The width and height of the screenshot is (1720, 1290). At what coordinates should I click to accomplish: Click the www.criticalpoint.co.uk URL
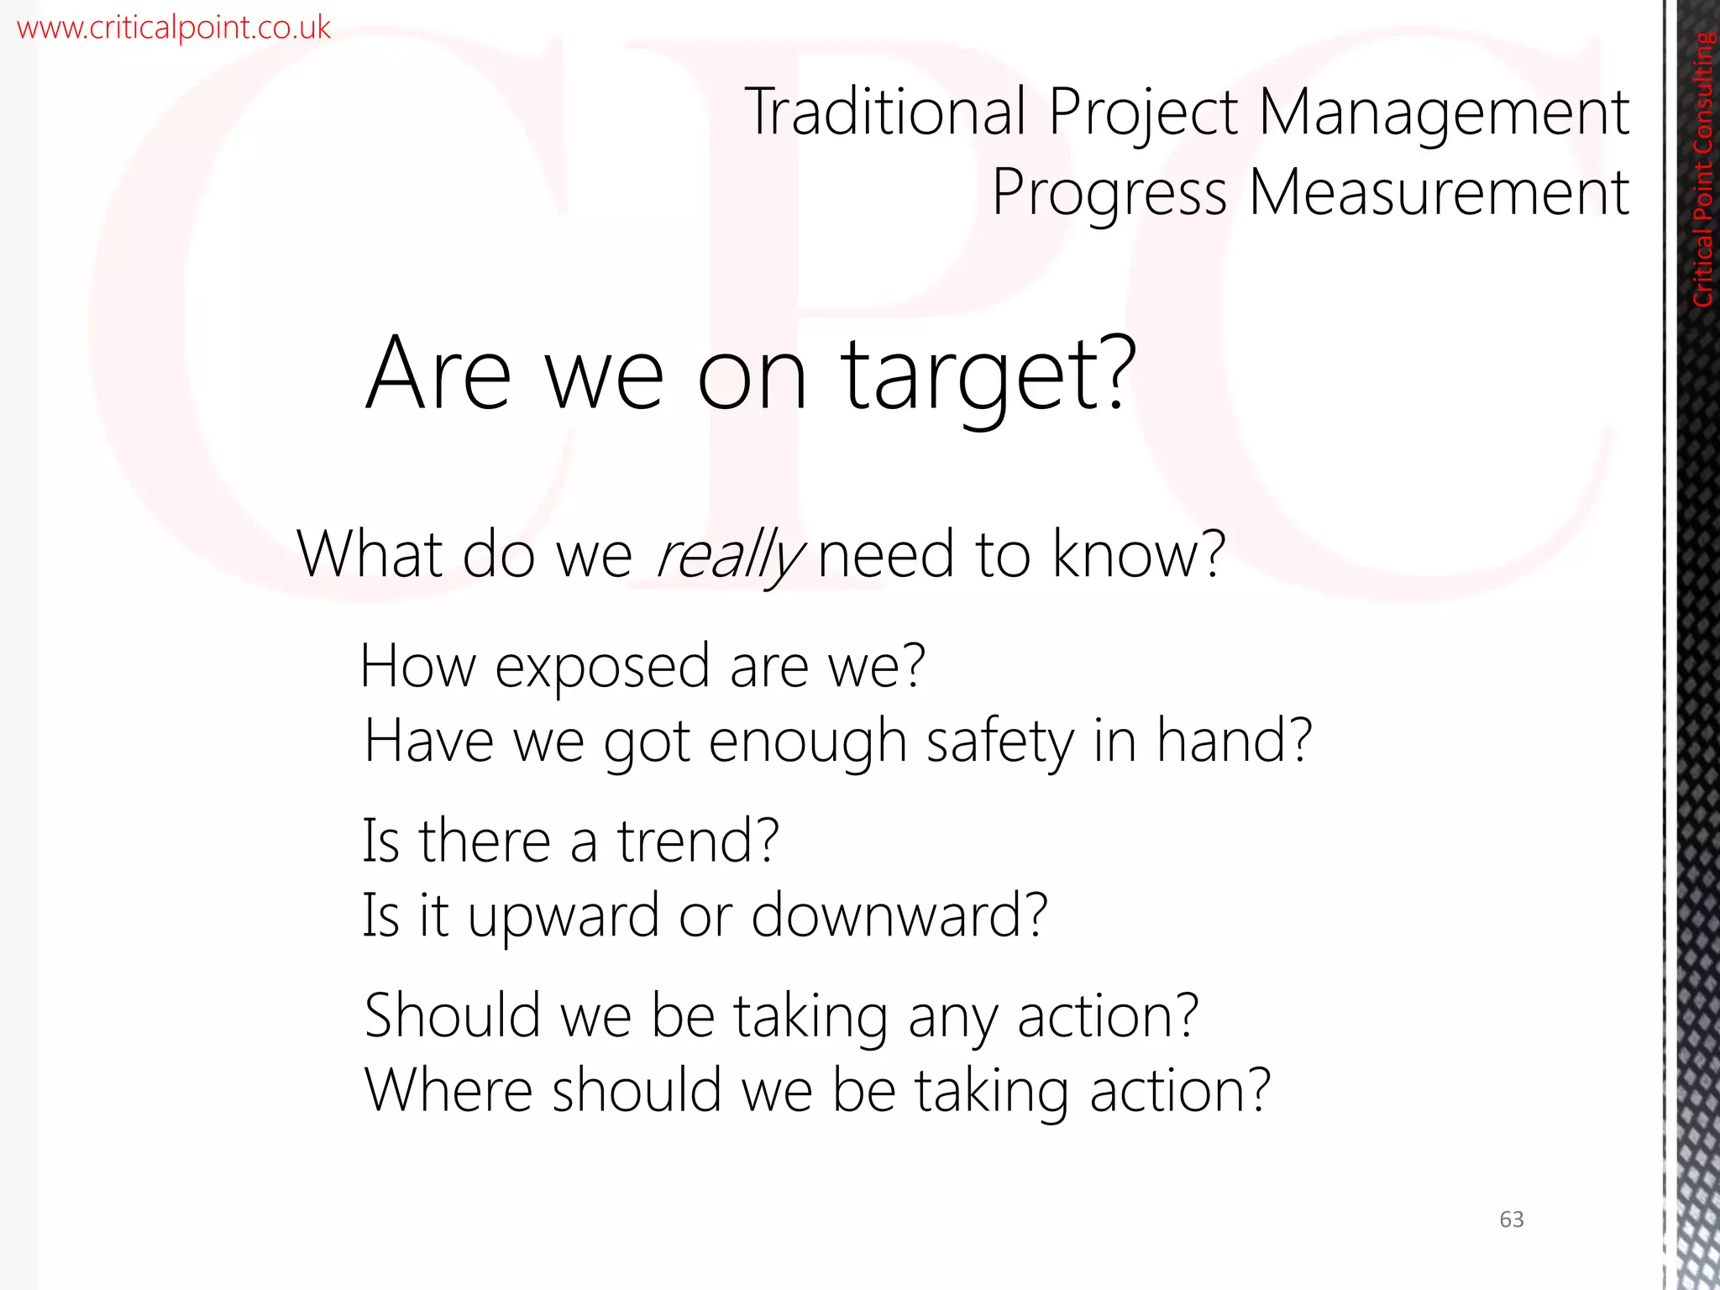pos(174,29)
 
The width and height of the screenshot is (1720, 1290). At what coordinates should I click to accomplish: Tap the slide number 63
pos(1511,1219)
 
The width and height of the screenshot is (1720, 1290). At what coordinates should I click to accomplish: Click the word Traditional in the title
pos(885,112)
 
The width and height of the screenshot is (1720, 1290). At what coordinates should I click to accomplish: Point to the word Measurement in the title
pos(1439,193)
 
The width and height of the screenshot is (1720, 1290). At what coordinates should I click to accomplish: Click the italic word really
pos(729,556)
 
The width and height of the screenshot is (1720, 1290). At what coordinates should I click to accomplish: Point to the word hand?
pos(1234,741)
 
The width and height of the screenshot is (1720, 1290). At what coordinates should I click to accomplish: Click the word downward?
pos(899,915)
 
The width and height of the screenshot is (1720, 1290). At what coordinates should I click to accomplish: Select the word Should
pos(452,1015)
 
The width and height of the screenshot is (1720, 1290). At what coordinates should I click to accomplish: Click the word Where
pos(448,1090)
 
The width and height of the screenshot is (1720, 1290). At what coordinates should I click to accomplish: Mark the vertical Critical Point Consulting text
pos(1702,169)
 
